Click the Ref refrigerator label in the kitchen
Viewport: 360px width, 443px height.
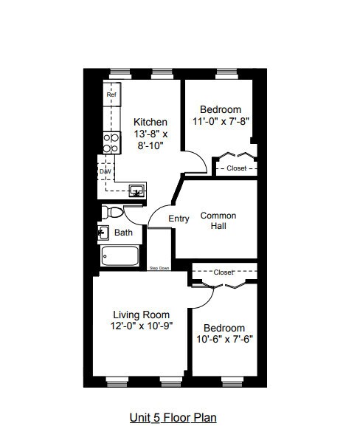tap(111, 95)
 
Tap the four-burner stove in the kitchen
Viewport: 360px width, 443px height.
tap(111, 142)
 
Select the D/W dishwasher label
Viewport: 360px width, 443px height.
tap(105, 171)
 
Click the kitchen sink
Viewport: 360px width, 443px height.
tap(137, 190)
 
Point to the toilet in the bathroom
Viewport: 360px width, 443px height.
tap(113, 212)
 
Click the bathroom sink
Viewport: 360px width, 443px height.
tap(103, 233)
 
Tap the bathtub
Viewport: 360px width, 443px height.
tap(120, 256)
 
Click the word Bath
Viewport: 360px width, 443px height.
tap(123, 233)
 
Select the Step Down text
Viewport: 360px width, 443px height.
tap(159, 268)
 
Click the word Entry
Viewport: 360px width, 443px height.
tap(179, 219)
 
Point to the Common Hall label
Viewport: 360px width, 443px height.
tap(218, 221)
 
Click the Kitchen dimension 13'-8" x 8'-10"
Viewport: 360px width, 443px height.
tap(150, 140)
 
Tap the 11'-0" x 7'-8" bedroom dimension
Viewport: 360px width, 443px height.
tap(221, 121)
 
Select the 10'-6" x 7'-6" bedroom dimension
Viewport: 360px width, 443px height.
tap(224, 339)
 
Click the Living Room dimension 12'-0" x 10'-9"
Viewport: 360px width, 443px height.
tap(142, 326)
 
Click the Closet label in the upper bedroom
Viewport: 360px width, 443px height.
tap(237, 168)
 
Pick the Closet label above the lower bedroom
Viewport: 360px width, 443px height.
tap(224, 272)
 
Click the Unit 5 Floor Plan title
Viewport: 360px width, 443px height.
tap(173, 418)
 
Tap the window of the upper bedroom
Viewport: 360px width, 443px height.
tap(227, 74)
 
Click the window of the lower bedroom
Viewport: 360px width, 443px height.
tap(232, 382)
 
